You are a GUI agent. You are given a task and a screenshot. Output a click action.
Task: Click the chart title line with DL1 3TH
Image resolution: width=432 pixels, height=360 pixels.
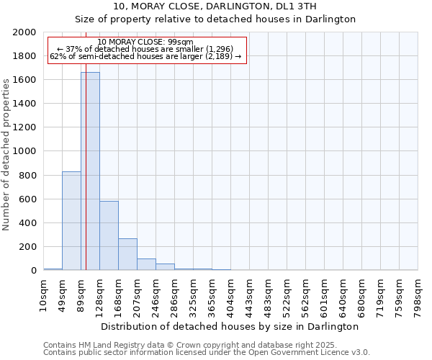215,6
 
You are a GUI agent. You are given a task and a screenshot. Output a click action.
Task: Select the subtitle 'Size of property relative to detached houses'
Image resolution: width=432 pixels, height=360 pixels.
215,19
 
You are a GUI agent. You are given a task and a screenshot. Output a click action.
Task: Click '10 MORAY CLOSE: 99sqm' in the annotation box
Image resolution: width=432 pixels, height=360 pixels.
145,42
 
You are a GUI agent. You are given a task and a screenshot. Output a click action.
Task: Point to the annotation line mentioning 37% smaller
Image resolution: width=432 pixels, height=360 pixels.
145,49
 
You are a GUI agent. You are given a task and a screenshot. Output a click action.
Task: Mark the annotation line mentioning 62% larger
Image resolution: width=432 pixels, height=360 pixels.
145,56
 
